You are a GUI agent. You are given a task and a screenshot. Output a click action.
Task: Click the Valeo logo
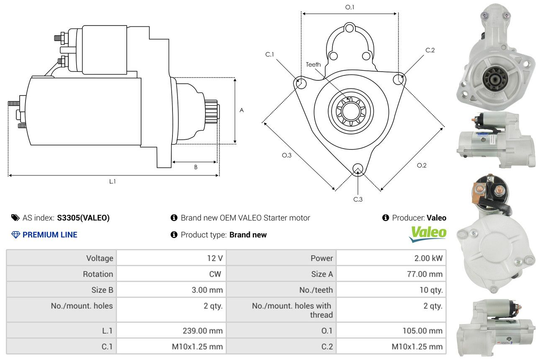click(x=427, y=234)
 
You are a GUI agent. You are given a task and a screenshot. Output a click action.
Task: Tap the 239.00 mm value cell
click(x=203, y=331)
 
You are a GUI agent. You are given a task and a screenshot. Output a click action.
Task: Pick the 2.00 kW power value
click(x=428, y=258)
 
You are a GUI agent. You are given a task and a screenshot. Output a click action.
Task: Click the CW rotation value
click(x=215, y=274)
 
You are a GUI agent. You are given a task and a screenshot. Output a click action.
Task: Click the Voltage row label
click(x=100, y=258)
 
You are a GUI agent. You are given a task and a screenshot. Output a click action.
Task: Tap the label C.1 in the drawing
click(x=270, y=54)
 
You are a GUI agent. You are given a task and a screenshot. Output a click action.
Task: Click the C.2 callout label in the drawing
click(x=430, y=50)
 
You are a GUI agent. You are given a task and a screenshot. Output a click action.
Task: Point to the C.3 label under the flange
click(x=358, y=199)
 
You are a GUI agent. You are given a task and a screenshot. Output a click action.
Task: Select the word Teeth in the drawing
click(x=313, y=64)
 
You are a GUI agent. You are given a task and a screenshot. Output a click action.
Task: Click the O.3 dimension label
click(x=286, y=155)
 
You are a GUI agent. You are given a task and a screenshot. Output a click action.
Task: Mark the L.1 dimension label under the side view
click(x=112, y=181)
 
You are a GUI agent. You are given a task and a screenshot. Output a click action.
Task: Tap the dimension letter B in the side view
click(x=195, y=167)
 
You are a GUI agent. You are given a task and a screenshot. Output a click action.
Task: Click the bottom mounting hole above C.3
click(x=357, y=169)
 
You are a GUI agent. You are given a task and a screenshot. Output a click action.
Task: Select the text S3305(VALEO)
click(x=83, y=218)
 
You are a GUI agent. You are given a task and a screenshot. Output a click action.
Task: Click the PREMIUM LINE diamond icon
click(x=15, y=235)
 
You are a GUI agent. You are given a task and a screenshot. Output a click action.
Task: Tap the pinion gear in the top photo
click(x=493, y=80)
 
